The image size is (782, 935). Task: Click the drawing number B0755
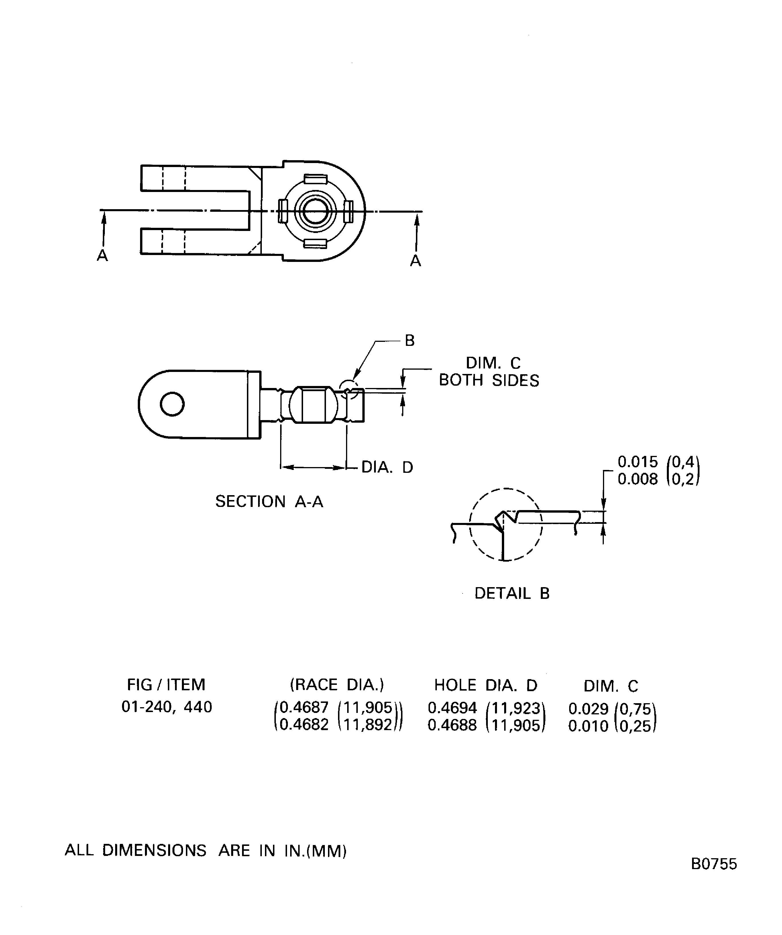click(714, 876)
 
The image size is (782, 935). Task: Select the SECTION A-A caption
click(269, 502)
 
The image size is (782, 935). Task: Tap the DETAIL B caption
click(512, 593)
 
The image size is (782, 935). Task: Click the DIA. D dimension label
click(387, 467)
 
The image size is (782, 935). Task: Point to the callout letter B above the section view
click(409, 341)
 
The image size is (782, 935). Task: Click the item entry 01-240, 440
click(166, 707)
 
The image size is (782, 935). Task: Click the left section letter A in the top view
click(102, 256)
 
